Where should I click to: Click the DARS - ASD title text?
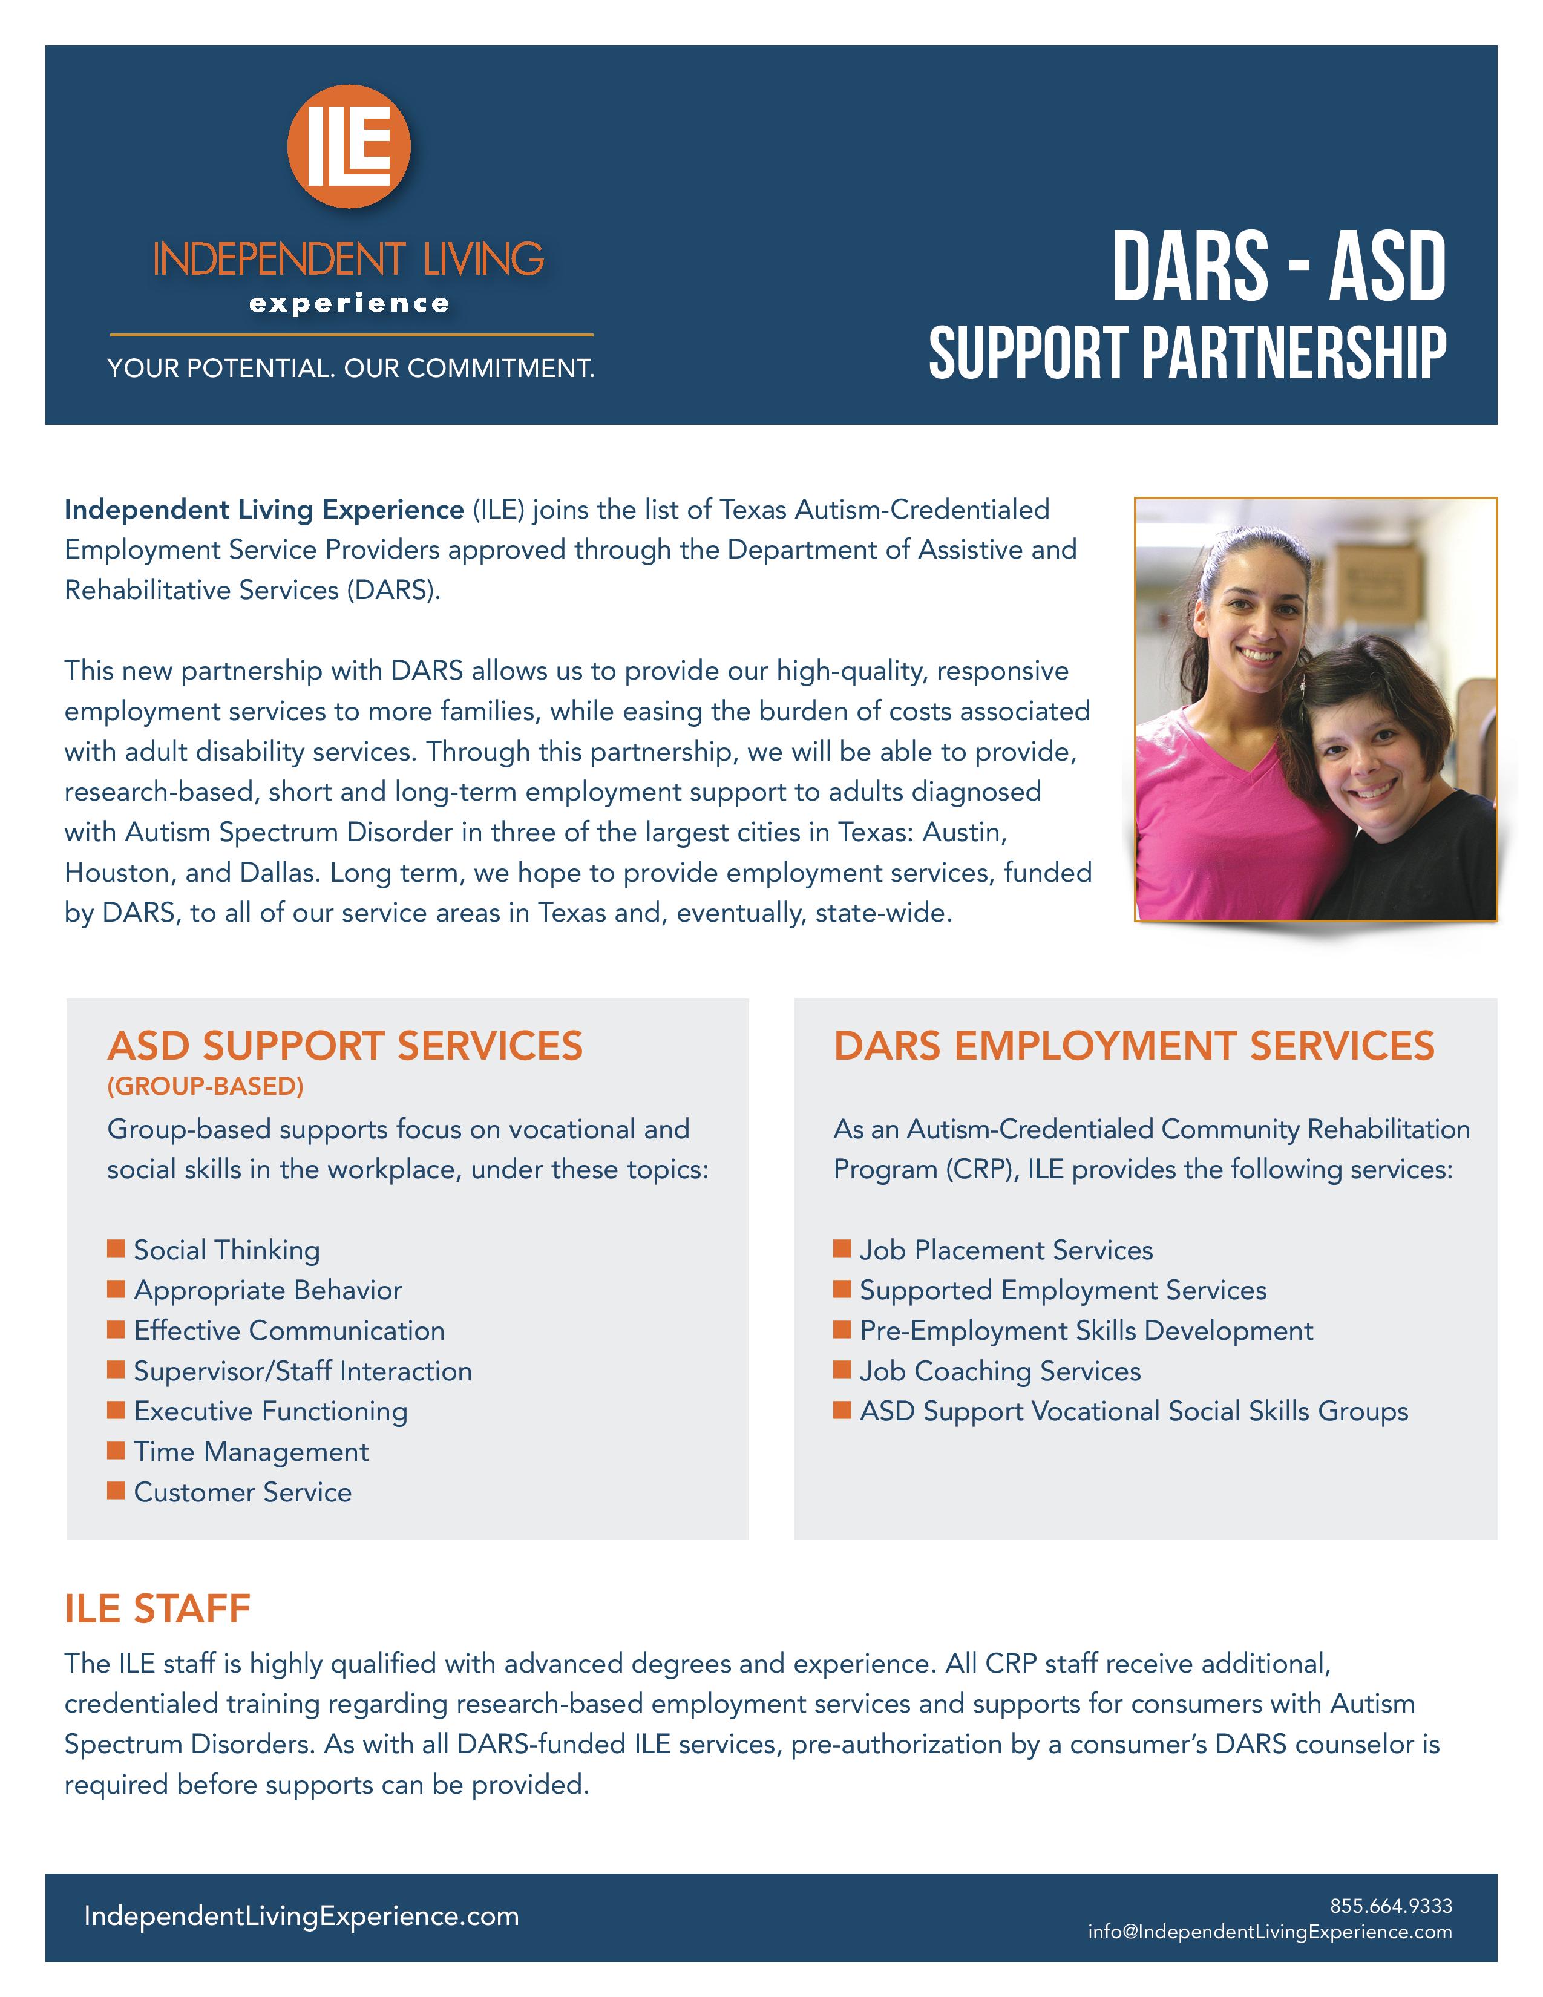pos(1278,266)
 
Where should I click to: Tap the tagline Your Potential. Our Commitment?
pos(351,369)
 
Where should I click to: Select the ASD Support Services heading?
pos(345,1045)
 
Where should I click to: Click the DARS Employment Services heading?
pos(1133,1045)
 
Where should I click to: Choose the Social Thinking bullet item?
pos(227,1250)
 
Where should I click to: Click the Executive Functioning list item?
pos(270,1411)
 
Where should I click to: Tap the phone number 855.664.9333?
pos(1391,1906)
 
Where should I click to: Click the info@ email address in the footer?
pos(1269,1931)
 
